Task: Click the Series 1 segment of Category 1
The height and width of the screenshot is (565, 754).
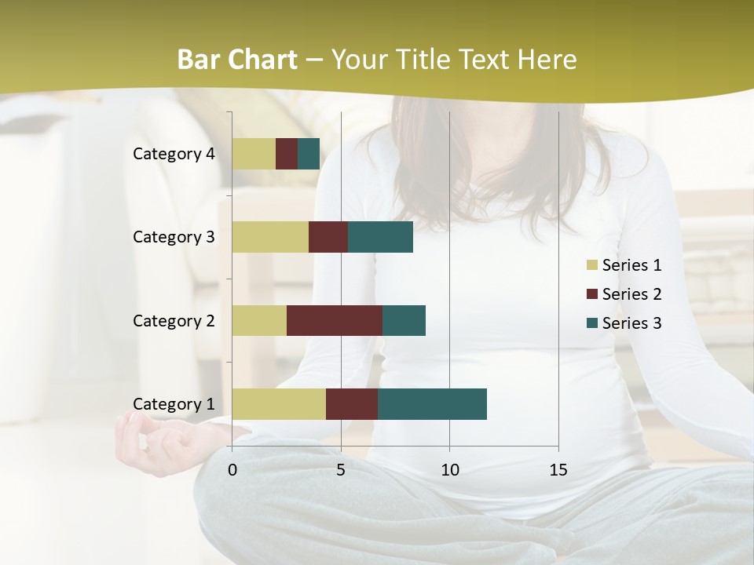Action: (279, 404)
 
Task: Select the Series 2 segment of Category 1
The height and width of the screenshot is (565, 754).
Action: (352, 404)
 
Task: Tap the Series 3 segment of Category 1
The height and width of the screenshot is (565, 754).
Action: (432, 404)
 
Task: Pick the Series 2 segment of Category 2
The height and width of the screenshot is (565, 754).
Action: (335, 320)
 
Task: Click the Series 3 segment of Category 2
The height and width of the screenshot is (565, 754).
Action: (404, 320)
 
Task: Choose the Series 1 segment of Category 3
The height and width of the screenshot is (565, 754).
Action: (270, 237)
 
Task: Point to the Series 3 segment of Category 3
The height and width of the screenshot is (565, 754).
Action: (380, 237)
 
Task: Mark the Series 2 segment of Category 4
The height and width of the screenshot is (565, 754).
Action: (287, 154)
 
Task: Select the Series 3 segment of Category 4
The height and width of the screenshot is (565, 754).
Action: (309, 154)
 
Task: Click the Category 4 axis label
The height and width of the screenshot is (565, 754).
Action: (174, 154)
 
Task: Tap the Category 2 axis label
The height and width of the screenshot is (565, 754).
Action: (174, 320)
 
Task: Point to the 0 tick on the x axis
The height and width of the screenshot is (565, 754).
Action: (232, 470)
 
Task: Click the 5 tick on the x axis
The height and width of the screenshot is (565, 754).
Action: (341, 470)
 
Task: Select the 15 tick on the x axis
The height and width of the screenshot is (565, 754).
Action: (558, 470)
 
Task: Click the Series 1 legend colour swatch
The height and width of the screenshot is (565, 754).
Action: (592, 265)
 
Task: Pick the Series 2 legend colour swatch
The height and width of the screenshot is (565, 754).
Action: (592, 294)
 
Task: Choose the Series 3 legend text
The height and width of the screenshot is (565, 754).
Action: (631, 323)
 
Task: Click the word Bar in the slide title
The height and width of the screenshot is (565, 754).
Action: (197, 60)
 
